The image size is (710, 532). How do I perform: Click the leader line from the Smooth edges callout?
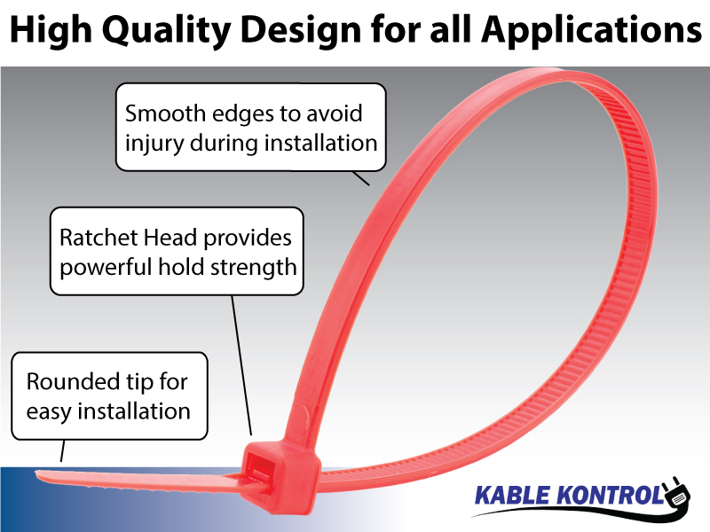[x=360, y=178]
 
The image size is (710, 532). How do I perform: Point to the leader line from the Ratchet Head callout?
[x=242, y=364]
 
